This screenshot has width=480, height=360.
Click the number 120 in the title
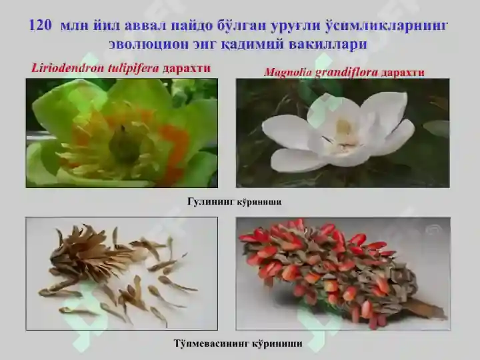coord(41,26)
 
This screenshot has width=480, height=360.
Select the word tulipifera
coord(131,68)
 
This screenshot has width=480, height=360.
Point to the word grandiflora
coord(346,72)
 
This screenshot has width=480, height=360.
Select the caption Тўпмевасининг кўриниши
coord(237,344)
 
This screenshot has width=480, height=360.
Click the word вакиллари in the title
coord(329,44)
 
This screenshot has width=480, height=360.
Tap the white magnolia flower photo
coord(342,133)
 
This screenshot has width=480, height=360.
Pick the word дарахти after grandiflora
coord(403,72)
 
